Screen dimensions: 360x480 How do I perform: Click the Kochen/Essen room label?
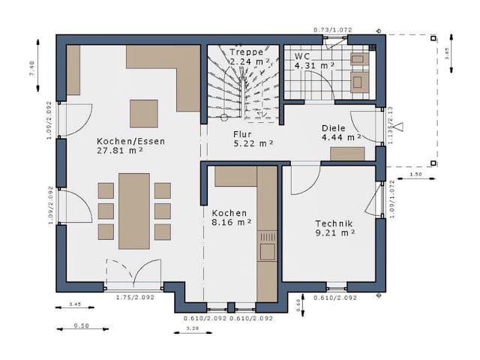tap(130, 140)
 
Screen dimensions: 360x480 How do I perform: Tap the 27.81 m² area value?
tap(120, 150)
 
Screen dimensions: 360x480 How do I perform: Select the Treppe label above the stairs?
tap(247, 52)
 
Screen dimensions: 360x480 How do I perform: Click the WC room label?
tap(302, 56)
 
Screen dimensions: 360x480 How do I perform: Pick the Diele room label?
tap(334, 128)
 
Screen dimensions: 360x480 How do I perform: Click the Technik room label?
tap(334, 223)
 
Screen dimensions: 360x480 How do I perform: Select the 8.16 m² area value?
tap(230, 222)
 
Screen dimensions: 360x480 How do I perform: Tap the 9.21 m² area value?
tap(334, 232)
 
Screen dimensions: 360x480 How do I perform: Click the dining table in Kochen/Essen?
tap(134, 211)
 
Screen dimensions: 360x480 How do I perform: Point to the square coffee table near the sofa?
tap(144, 113)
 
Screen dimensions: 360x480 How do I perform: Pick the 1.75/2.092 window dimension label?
tap(135, 298)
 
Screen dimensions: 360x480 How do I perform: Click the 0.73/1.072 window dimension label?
tap(332, 30)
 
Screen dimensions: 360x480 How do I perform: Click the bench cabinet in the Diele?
tap(347, 154)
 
